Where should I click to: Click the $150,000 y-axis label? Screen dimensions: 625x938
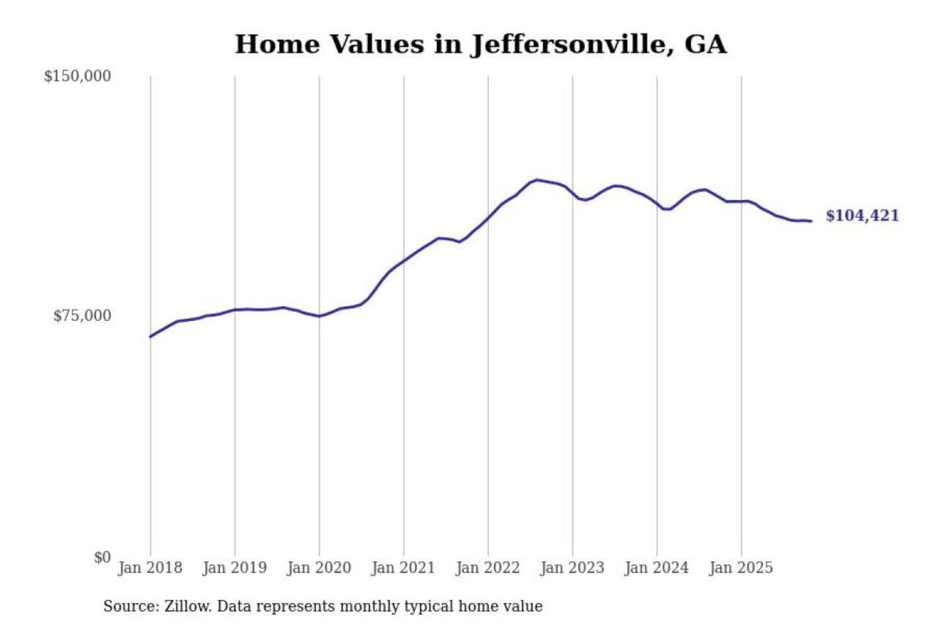(78, 76)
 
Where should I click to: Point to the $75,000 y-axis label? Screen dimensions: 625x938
(82, 316)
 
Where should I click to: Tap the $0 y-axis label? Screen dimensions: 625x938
(102, 557)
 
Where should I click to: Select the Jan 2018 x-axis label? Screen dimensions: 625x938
(150, 568)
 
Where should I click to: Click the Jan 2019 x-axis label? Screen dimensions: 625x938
(234, 568)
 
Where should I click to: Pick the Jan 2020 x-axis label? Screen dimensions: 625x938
(319, 568)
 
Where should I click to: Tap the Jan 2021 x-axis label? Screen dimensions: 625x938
(403, 568)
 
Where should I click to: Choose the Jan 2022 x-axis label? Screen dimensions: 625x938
(488, 568)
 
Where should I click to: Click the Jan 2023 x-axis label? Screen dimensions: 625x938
(573, 568)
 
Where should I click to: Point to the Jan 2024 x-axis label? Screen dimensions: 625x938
(657, 568)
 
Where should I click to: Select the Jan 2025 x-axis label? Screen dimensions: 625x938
(741, 568)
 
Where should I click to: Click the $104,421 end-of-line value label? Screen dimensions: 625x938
(862, 215)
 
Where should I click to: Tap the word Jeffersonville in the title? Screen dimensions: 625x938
(572, 45)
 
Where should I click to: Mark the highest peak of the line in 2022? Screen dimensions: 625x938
(537, 180)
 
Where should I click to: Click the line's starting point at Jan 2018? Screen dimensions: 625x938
(150, 337)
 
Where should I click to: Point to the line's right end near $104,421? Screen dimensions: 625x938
(811, 221)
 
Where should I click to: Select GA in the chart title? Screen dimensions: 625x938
(705, 44)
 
